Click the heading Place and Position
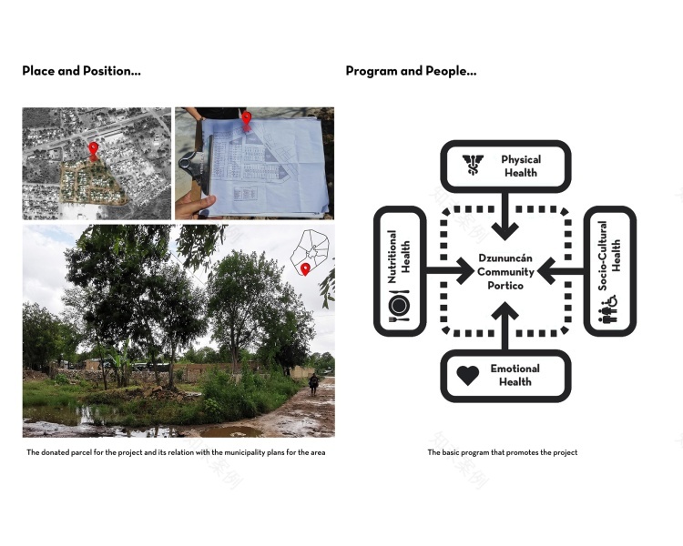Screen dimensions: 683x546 tap(81, 71)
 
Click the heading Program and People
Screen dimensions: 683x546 tap(411, 71)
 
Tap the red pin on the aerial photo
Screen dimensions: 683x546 tap(93, 151)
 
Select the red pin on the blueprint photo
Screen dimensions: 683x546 tap(247, 120)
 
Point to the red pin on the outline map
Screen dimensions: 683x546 tap(305, 269)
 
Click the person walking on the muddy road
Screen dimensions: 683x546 tap(313, 385)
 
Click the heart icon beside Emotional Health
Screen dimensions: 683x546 tap(468, 375)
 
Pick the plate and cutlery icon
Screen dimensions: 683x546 tap(399, 306)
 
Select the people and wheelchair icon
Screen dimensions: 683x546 tap(607, 310)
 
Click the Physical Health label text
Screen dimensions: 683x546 tap(521, 166)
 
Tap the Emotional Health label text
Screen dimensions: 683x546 tap(515, 375)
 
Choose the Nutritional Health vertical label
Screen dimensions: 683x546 tap(399, 257)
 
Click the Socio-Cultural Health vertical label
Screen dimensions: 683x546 tap(608, 256)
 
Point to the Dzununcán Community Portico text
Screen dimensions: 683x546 tap(505, 272)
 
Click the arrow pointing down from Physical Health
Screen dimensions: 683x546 tap(505, 217)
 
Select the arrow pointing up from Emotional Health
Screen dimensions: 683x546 tap(505, 326)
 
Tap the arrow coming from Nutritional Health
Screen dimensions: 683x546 tap(450, 271)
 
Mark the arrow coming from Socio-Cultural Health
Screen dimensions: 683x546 tap(561, 271)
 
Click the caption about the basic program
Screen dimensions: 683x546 tap(502, 452)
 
